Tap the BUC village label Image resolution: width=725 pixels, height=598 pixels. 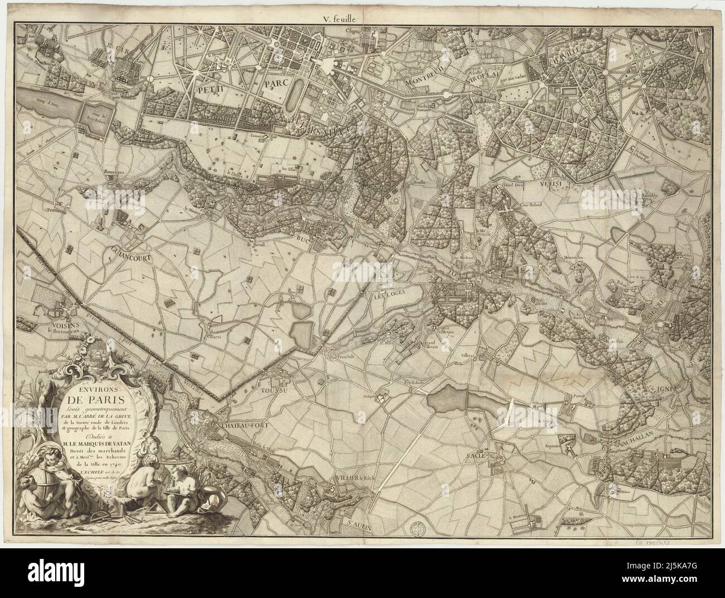pos(303,238)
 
